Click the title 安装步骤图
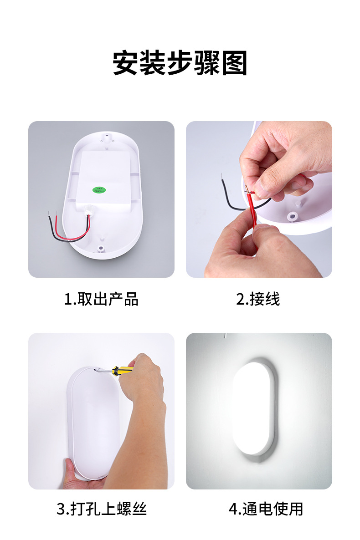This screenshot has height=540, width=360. click(180, 63)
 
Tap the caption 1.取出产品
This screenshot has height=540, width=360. click(101, 299)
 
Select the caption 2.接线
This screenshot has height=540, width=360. click(258, 299)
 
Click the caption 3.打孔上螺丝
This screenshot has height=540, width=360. click(101, 509)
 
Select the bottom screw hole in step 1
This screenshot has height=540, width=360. click(100, 249)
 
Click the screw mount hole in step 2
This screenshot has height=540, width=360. click(292, 214)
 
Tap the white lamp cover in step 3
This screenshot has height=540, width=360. click(93, 423)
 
